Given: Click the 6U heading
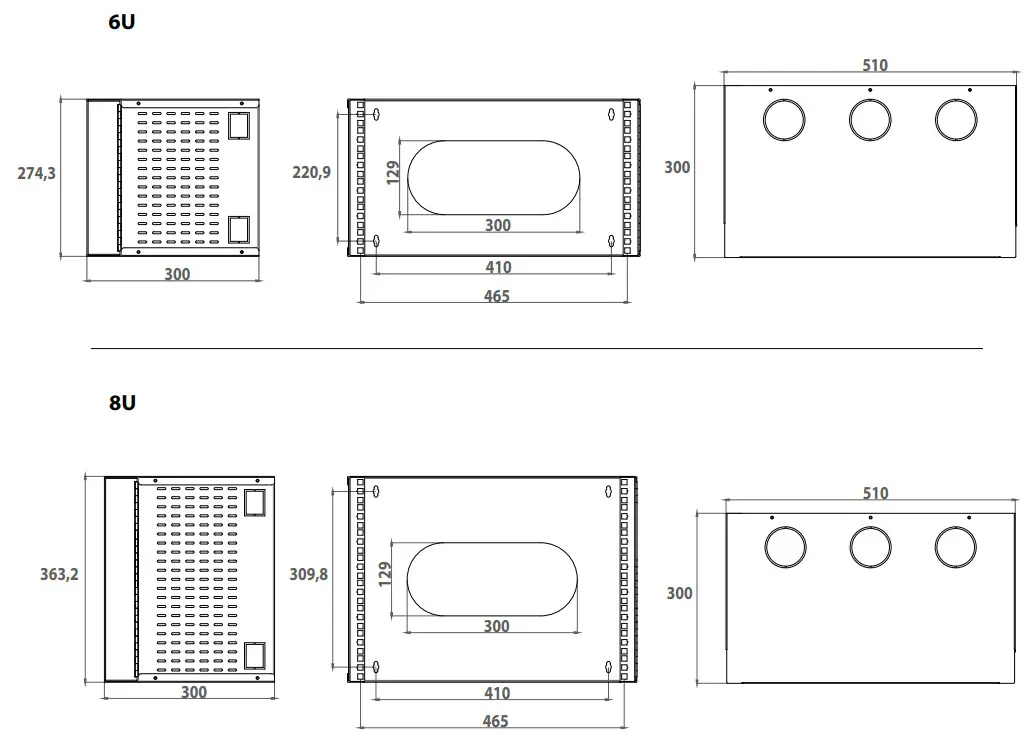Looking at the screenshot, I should tap(121, 21).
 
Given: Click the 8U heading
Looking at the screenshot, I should tap(121, 403).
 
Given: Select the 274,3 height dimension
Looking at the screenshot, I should tap(37, 173).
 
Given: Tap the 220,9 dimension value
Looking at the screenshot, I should tap(311, 172).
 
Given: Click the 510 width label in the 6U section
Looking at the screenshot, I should tap(874, 66).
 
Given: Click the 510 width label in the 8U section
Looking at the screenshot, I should tap(874, 493).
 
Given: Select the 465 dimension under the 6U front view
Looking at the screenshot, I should tap(496, 296).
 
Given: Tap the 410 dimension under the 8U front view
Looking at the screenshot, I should tap(496, 693).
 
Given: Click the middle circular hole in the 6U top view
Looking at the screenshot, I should tap(870, 120).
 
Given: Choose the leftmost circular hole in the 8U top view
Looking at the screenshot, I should tap(785, 547).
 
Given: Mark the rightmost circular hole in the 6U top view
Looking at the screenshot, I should tap(956, 120).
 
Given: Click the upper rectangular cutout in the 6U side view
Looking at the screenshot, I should tap(239, 125).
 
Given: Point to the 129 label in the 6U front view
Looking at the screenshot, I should tap(393, 172).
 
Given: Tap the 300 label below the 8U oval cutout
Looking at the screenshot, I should tap(496, 626).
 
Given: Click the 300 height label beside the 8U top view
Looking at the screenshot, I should tap(680, 593).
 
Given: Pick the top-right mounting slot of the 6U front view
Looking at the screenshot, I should tap(611, 114).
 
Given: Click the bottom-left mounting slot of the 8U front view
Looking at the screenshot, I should tap(375, 667).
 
